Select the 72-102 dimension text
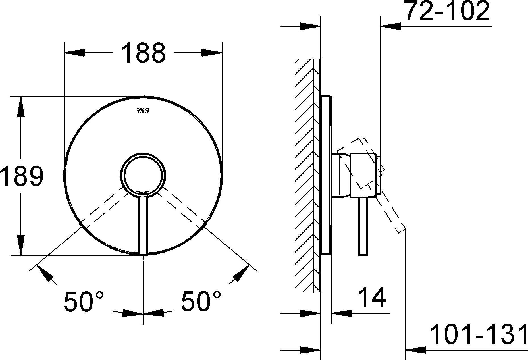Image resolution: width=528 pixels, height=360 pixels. [x=447, y=12]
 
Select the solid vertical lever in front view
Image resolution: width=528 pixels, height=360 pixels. [x=143, y=224]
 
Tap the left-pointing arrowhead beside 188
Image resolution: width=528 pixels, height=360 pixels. [x=75, y=53]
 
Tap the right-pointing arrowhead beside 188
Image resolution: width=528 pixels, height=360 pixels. [x=211, y=53]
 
